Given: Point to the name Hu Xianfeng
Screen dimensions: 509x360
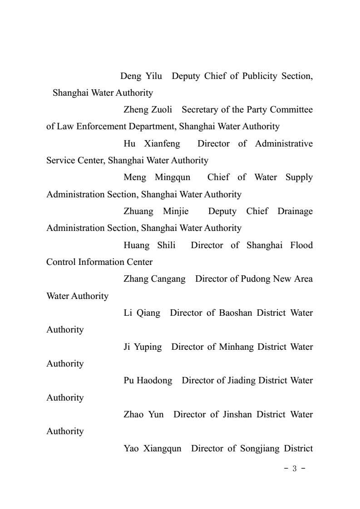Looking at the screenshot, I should tap(152, 143).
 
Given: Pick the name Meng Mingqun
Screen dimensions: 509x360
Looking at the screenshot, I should tap(157, 177).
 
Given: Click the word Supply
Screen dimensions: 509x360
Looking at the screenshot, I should tap(299, 177).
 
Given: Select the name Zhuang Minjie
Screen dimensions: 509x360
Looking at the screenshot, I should tap(156, 211).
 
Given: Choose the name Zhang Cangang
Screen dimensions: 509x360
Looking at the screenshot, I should tap(154, 279).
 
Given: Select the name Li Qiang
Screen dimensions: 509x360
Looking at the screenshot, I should tap(142, 313).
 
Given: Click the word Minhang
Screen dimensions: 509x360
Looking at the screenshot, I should tap(236, 347).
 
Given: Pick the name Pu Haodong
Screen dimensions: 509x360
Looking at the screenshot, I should tap(148, 381).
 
